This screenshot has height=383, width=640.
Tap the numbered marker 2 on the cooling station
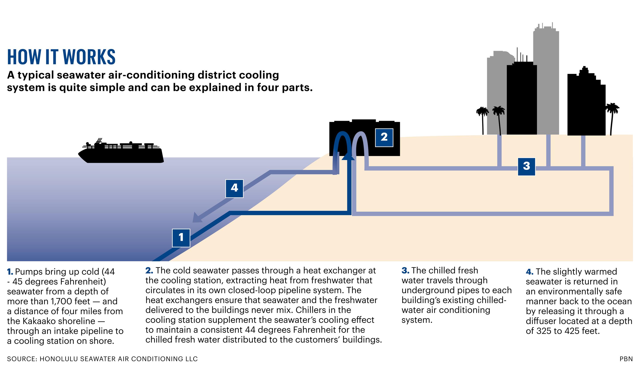pyautogui.click(x=384, y=137)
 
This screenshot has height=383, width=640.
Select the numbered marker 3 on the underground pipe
pyautogui.click(x=526, y=167)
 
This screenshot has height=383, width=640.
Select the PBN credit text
pyautogui.click(x=626, y=359)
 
